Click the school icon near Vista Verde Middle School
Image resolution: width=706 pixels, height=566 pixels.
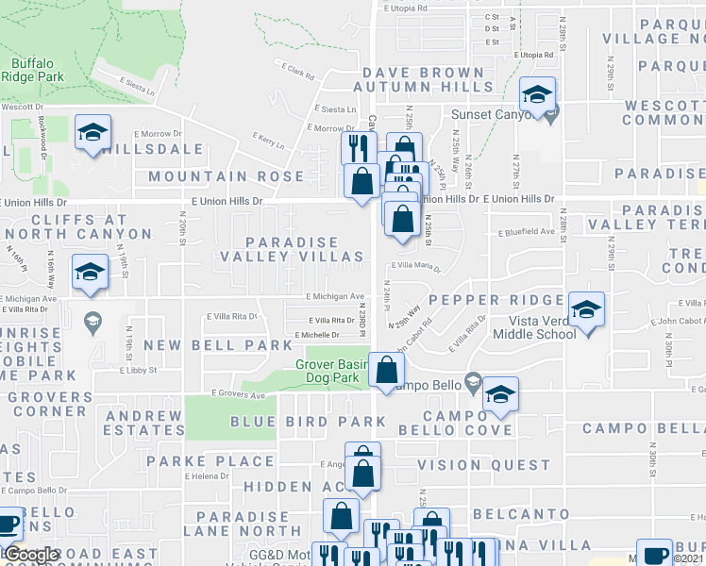586,311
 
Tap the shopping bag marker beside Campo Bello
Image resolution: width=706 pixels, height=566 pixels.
385,372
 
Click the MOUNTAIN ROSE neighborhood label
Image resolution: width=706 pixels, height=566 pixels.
226,176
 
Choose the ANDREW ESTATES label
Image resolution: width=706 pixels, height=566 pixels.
144,423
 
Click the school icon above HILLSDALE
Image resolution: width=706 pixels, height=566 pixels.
93,134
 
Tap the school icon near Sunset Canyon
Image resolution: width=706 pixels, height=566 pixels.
537,96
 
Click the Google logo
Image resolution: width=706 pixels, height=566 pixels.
31,556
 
